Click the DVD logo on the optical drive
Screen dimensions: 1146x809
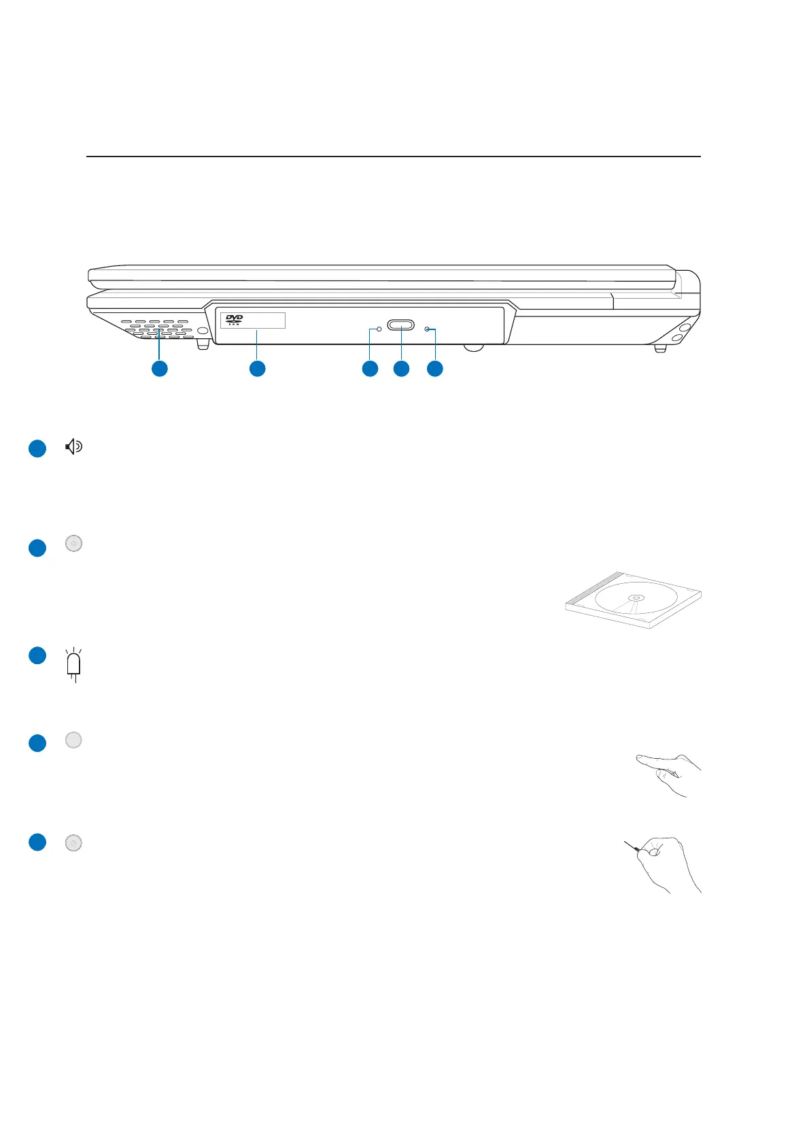tap(234, 319)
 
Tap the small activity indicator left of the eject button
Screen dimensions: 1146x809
tap(379, 329)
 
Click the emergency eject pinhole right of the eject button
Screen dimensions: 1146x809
tap(427, 329)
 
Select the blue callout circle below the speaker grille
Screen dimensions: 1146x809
tap(159, 369)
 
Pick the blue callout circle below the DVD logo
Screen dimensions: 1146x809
tap(257, 369)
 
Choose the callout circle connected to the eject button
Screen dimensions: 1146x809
tap(402, 369)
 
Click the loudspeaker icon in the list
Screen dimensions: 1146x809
tap(73, 446)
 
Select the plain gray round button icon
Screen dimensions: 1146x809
tap(73, 740)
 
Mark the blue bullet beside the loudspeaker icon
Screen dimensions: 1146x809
tap(37, 449)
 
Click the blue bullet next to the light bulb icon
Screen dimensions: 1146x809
tap(37, 655)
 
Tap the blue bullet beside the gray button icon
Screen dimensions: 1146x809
tap(37, 742)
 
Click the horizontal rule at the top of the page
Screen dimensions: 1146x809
tap(393, 157)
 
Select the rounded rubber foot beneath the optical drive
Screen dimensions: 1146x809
tap(473, 348)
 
